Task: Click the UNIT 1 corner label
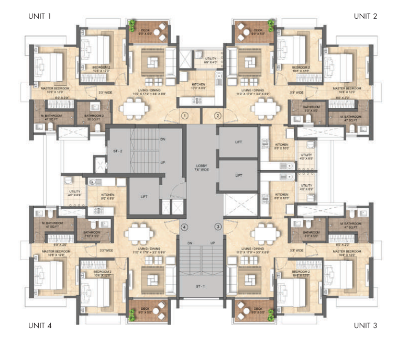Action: point(39,16)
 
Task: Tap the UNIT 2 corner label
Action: point(365,16)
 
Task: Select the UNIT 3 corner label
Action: point(365,325)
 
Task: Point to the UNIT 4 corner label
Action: point(39,325)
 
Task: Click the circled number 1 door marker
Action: point(184,116)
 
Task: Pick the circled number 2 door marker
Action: point(218,116)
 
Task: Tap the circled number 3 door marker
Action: point(218,227)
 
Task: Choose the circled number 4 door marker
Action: point(184,227)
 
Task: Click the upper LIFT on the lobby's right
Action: point(239,142)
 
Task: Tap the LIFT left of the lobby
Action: point(143,197)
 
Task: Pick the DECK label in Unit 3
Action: point(257,309)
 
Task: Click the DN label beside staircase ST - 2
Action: point(163,139)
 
